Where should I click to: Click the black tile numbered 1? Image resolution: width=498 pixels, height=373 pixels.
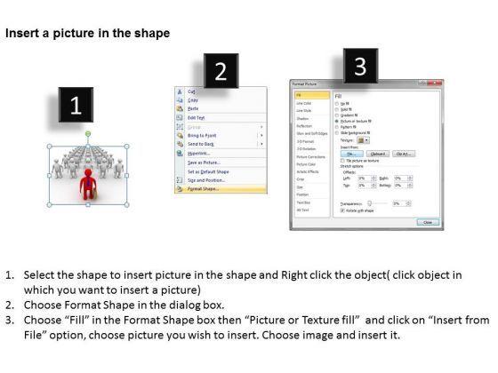[x=76, y=106]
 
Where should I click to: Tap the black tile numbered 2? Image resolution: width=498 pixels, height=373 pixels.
[x=221, y=73]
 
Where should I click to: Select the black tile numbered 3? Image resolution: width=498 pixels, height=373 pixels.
[x=359, y=65]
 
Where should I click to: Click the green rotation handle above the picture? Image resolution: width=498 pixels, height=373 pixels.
[x=87, y=134]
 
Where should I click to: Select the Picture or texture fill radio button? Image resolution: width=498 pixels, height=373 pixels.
[x=336, y=120]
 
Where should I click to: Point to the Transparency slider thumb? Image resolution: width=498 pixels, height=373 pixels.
[x=373, y=202]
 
